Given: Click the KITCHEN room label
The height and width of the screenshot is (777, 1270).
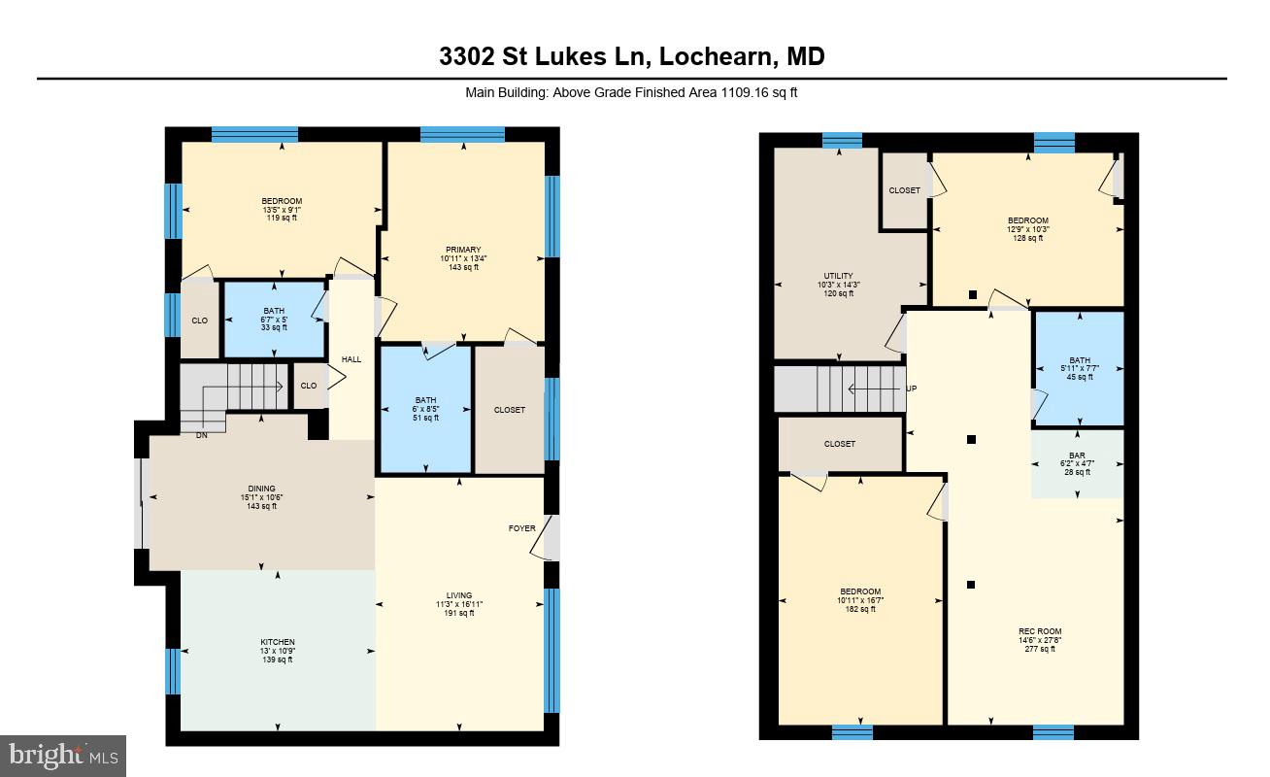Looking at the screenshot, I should [x=277, y=643].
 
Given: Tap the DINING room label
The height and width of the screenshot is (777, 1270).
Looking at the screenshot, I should [x=261, y=489].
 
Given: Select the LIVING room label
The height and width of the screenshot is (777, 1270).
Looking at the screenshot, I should [x=459, y=595].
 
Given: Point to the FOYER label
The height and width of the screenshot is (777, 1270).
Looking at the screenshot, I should [x=521, y=528].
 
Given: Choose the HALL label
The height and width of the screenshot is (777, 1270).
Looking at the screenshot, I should [x=351, y=359].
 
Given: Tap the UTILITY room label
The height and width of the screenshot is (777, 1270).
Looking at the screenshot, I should [x=838, y=276].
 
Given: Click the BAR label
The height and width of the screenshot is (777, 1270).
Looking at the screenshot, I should [x=1077, y=455].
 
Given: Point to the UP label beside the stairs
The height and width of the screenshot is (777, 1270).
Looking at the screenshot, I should [x=911, y=388].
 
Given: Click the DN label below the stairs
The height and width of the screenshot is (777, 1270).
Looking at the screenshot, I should [x=201, y=435].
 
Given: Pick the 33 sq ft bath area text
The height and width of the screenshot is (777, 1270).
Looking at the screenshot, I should [x=274, y=327].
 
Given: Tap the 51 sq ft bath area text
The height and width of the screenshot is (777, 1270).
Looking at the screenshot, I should [x=425, y=418].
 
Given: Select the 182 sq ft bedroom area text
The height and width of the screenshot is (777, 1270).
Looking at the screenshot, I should [x=860, y=609].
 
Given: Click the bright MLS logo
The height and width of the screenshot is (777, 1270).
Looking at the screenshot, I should [x=63, y=755].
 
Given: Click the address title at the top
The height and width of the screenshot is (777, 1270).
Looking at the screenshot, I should [x=631, y=56].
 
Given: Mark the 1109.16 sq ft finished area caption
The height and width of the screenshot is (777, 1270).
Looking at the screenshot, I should [x=632, y=93].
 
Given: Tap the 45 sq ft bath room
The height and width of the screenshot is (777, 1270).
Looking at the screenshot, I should [x=1079, y=368].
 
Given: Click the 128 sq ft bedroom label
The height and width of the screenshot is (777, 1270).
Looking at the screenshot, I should [x=1027, y=220].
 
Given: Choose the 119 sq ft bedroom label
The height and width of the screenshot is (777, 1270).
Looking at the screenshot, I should [x=282, y=201].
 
